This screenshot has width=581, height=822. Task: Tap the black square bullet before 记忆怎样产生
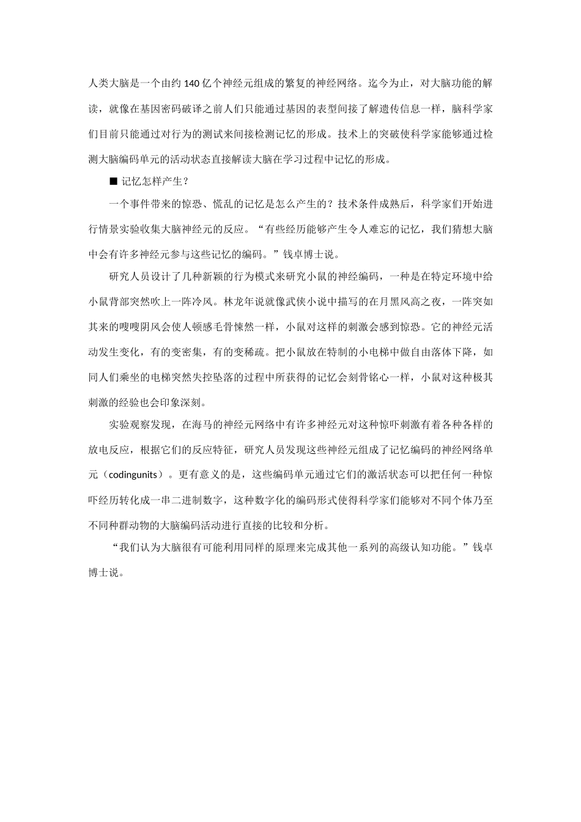(x=112, y=181)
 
